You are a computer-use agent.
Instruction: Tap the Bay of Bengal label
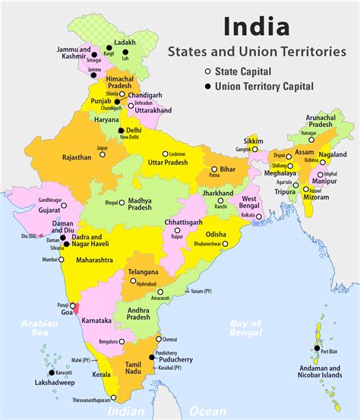pyautogui.click(x=245, y=327)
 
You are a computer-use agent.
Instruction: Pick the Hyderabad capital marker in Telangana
pyautogui.click(x=133, y=281)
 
